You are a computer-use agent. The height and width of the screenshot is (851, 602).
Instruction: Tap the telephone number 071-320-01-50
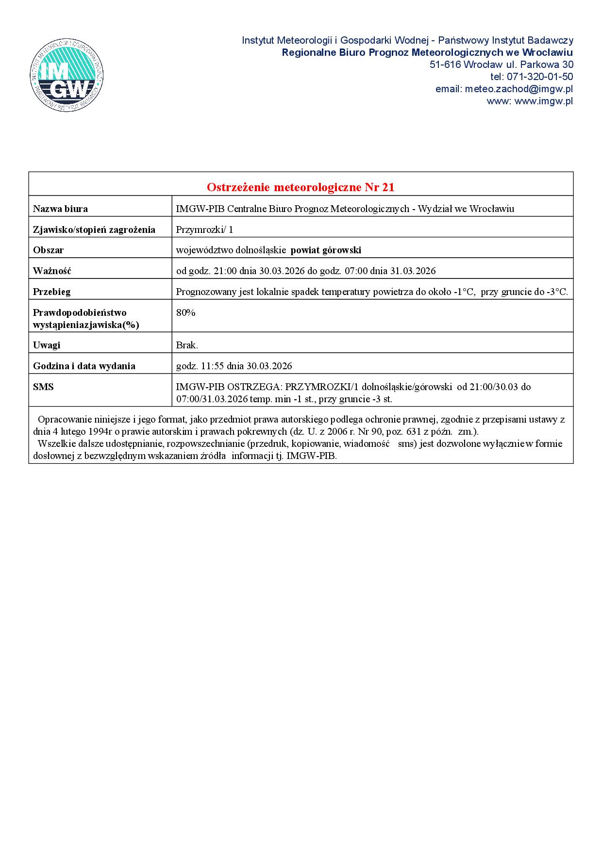(x=539, y=77)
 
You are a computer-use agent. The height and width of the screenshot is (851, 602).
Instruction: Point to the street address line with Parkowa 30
(x=501, y=65)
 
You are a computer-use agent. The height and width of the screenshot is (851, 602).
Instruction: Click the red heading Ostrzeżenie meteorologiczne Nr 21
(x=301, y=187)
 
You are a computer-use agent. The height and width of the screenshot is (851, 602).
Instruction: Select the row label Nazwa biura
(x=60, y=209)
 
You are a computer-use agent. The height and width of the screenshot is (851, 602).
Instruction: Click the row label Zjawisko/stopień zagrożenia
(x=94, y=229)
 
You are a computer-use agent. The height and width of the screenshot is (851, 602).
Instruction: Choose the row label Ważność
(x=52, y=271)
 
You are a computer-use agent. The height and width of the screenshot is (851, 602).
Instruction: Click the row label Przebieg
(x=51, y=292)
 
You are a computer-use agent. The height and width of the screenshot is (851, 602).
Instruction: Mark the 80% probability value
(x=185, y=313)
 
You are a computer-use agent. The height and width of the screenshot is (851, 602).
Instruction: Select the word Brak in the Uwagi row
(x=186, y=345)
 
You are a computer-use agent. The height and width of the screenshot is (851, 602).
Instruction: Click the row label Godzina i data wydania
(x=84, y=366)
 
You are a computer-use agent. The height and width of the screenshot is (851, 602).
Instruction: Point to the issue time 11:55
(x=212, y=366)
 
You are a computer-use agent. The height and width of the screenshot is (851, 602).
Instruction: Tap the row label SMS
(x=43, y=387)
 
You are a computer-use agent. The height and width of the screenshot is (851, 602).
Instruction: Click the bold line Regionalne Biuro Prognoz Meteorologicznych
(x=427, y=52)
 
